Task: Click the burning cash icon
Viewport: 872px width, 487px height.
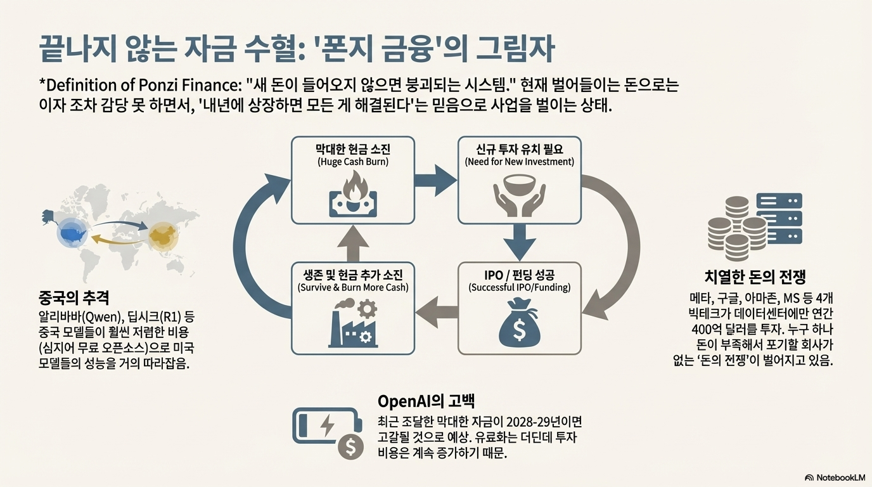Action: [x=352, y=195]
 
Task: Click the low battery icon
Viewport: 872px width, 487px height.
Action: [x=323, y=426]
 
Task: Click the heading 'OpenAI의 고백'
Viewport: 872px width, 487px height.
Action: [x=426, y=401]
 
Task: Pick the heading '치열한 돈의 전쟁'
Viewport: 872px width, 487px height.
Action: [x=755, y=276]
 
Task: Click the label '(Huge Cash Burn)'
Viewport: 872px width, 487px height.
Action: [x=352, y=162]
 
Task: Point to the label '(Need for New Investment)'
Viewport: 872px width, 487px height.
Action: [x=519, y=162]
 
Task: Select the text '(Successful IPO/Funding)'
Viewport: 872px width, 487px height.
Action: [x=519, y=287]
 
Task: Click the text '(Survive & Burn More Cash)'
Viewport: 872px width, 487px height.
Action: [x=352, y=287]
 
